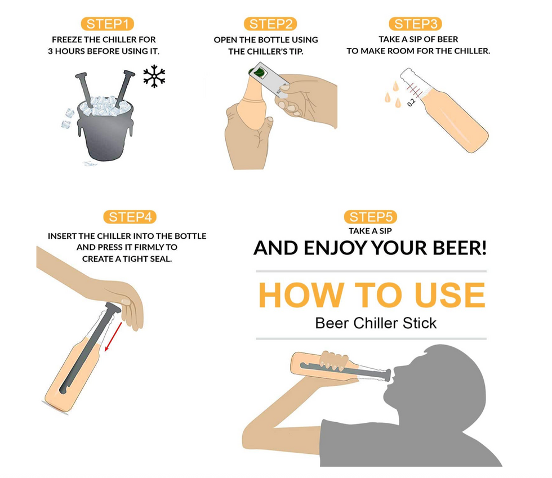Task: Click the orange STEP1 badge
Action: [108, 24]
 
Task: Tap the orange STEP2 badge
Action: [270, 24]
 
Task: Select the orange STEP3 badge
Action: [416, 24]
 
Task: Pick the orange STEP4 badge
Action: [130, 217]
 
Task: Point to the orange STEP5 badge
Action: [371, 217]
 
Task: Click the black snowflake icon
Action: [154, 76]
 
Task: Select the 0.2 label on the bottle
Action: [411, 102]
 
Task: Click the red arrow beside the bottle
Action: [113, 337]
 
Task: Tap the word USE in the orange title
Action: [449, 295]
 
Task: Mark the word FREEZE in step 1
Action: [67, 39]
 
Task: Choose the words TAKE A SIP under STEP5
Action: [371, 231]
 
